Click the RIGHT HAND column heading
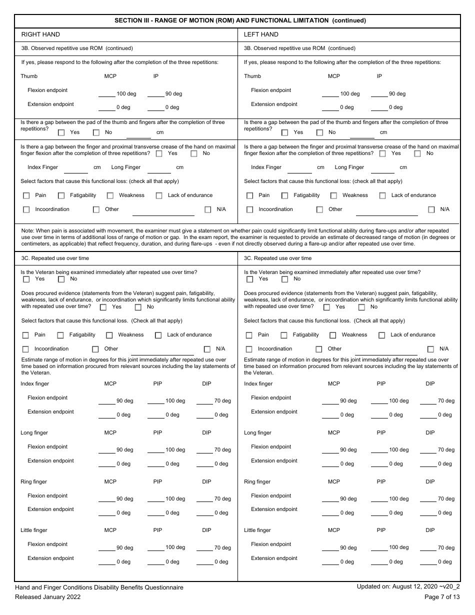[x=40, y=34]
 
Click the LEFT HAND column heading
[x=261, y=34]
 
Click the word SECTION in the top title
[x=129, y=20]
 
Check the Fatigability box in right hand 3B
[x=61, y=195]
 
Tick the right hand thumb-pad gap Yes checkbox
[x=61, y=132]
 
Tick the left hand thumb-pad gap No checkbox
[x=320, y=132]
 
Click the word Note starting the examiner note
[x=28, y=230]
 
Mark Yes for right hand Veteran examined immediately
[x=26, y=279]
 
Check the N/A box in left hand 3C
[x=430, y=349]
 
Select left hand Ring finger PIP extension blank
[x=379, y=512]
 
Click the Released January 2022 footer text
[x=47, y=596]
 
